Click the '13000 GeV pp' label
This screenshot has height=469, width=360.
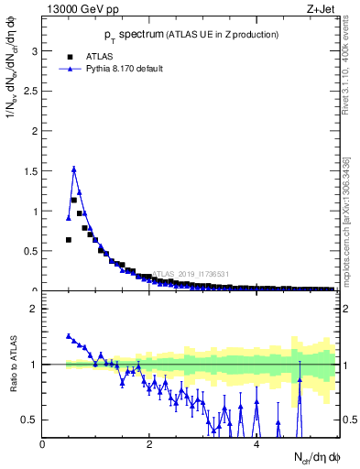[x=81, y=10]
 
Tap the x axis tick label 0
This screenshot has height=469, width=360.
[x=42, y=444]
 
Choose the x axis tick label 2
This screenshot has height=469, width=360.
[x=149, y=444]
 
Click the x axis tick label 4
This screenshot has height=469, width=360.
[x=256, y=444]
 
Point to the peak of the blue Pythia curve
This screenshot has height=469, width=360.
[x=74, y=169]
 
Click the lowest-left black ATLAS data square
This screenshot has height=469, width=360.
[x=69, y=240]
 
